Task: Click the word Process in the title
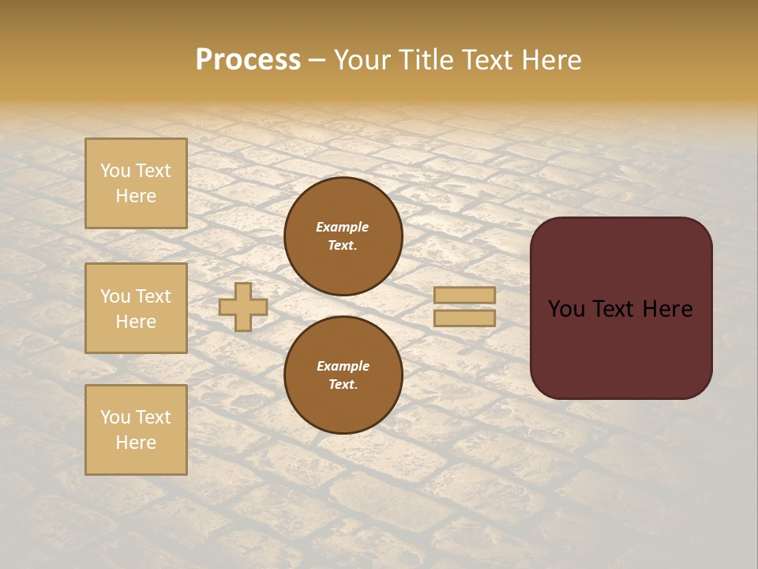coord(248,60)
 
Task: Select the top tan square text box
coord(136,183)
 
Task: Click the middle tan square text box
coord(136,308)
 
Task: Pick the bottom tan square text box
coord(136,429)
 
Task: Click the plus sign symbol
coord(243,307)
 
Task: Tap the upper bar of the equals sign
coord(465,295)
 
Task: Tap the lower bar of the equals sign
coord(465,318)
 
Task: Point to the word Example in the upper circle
coord(343,227)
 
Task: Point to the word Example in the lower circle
coord(343,366)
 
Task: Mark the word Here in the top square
coord(136,196)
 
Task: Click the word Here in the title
coord(546,60)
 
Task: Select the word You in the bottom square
coord(115,417)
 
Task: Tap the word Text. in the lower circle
coord(343,384)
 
